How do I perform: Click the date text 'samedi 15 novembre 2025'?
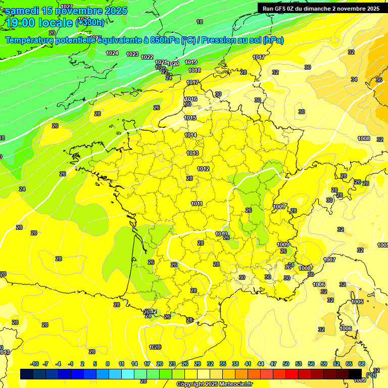[66, 11]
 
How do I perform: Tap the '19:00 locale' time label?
[39, 23]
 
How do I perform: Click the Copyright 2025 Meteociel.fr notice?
[214, 384]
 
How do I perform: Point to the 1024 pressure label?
[112, 53]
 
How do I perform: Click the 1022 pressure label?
[147, 57]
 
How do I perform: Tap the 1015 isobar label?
[190, 118]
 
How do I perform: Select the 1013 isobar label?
[192, 153]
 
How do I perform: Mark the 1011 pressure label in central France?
[197, 204]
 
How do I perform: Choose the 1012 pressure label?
[203, 169]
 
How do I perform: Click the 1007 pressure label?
[329, 260]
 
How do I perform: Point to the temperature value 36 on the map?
[379, 80]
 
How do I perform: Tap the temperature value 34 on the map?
[354, 79]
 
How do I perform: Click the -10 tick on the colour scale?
[34, 364]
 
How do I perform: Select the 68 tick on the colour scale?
[362, 364]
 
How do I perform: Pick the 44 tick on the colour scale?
[261, 364]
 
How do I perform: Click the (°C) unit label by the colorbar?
[371, 375]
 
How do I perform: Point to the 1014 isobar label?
[190, 135]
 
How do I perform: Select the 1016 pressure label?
[190, 99]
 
